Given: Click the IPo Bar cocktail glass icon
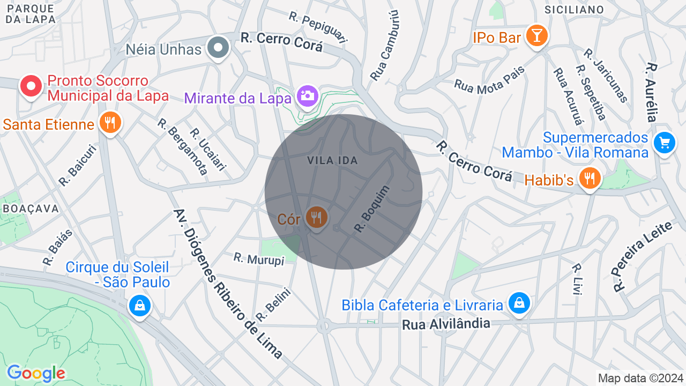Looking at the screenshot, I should point(535,36).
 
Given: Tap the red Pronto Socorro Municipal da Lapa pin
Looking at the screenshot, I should point(31,86).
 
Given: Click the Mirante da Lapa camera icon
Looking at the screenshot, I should point(307,96).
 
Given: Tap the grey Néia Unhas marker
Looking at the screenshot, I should point(218,48).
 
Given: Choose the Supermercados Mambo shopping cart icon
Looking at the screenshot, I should point(665,143).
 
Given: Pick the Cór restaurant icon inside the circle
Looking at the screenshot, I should point(316,218).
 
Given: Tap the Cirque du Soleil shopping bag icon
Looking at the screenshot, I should point(140,306).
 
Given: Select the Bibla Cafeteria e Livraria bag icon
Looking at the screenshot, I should point(519,303).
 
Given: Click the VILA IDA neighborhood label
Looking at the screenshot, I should point(332,160).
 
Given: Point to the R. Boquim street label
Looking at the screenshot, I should point(372,209).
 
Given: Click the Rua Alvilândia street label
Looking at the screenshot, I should point(446,323).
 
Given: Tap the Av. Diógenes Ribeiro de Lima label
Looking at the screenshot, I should point(227,284).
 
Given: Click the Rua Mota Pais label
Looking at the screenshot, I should point(489,79).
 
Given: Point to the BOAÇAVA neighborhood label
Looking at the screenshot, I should point(30,209).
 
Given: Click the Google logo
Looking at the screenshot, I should point(36,373).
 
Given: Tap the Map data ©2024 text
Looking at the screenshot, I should point(640,378).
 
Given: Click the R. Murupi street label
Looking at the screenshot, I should point(259,259).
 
